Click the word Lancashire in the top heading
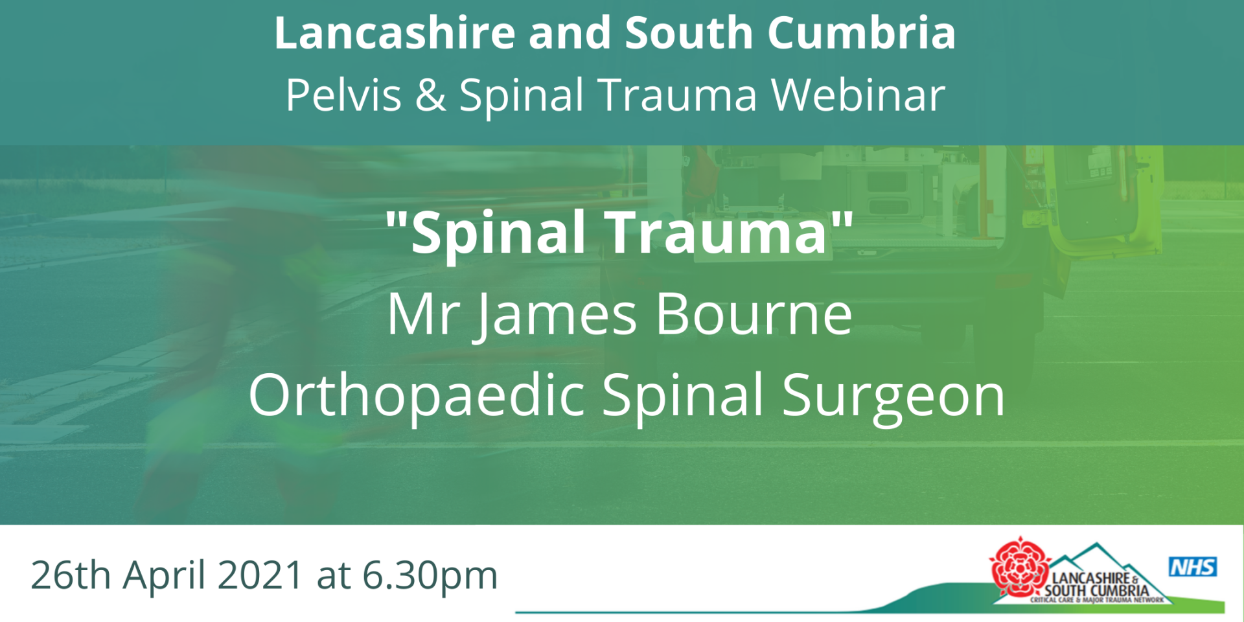tap(395, 33)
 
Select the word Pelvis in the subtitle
tap(344, 95)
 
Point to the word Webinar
tap(858, 95)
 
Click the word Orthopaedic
tap(417, 397)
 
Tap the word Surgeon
tap(893, 397)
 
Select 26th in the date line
tap(71, 575)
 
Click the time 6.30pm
tap(430, 576)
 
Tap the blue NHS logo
tap(1193, 567)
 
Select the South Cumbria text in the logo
tap(1096, 590)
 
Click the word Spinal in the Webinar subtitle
tap(521, 96)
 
